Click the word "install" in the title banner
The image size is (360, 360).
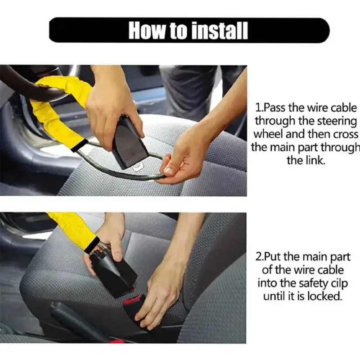(220, 30)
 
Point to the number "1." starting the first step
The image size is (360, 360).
(259, 108)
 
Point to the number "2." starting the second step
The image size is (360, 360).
(259, 256)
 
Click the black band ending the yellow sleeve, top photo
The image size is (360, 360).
(80, 145)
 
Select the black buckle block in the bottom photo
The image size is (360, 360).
(115, 271)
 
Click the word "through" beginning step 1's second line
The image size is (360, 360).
(275, 121)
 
